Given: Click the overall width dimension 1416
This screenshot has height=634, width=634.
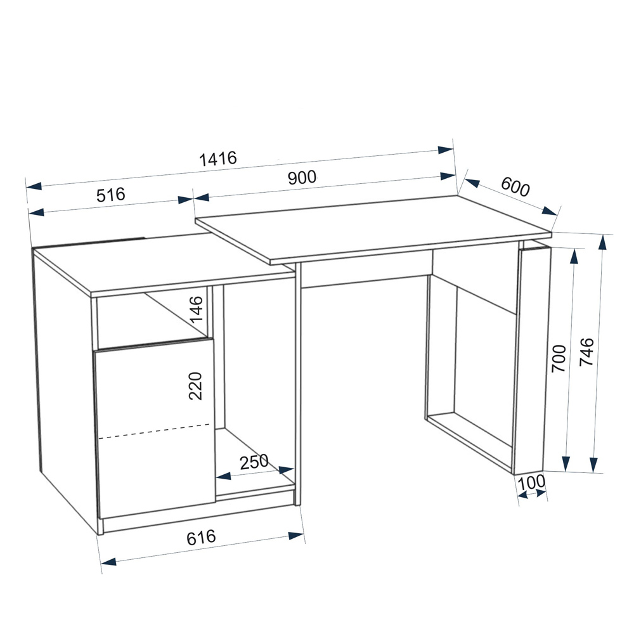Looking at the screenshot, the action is pos(218,158).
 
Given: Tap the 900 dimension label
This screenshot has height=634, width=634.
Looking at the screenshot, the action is pos(302,178).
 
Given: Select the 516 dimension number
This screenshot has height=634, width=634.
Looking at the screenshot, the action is pos(111,195).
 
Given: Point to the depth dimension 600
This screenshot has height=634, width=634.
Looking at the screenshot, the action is pos(515,187).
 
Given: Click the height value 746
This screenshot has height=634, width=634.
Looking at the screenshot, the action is pos(586,352).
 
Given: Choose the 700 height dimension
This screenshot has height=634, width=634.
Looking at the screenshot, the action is pos(559,359).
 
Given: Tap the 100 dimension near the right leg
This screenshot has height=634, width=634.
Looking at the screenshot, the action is pos(531,482).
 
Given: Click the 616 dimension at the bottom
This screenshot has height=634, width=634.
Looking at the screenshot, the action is pos(201,538).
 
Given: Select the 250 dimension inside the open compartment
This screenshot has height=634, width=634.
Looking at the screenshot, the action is pos(254,462).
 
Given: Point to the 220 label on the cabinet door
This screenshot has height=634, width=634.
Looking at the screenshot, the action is pos(195,385).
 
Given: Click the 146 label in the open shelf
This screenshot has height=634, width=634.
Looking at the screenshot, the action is pos(197,309).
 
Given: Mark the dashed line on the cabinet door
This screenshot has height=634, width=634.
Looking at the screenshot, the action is pos(154,431).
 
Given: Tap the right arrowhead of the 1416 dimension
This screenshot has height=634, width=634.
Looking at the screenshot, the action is pos(446,150).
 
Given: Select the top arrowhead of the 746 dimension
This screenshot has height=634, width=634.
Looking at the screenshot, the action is pos(603,242).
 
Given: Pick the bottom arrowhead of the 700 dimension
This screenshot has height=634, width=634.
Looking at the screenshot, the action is pos(566,463).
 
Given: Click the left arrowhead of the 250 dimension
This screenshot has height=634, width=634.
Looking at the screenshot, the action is pos(224,476).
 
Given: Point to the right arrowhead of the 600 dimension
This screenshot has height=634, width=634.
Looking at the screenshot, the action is pos(550,211).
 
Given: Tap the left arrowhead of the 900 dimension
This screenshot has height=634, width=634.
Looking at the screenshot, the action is pos(202,198).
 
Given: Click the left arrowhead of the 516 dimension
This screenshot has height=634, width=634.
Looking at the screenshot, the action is pos(36,212).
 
